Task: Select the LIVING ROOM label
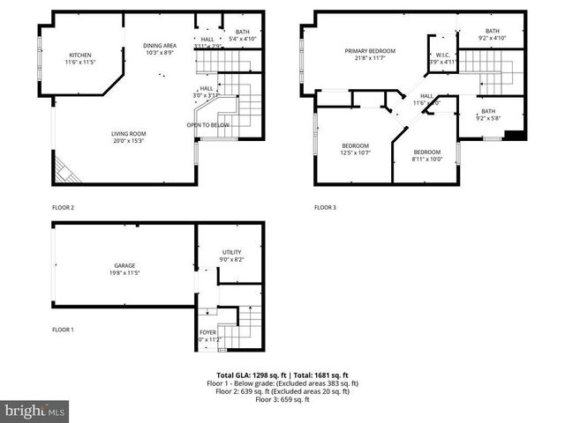[128, 134]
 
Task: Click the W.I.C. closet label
[443, 56]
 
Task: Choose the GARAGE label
[124, 265]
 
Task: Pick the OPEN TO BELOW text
[207, 125]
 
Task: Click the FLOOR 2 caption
[63, 208]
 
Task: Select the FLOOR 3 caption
[326, 208]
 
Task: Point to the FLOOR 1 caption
[63, 330]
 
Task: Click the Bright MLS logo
[35, 411]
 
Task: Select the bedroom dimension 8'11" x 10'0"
[427, 160]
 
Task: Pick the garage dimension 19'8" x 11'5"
[124, 273]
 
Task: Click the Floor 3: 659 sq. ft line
[282, 400]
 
